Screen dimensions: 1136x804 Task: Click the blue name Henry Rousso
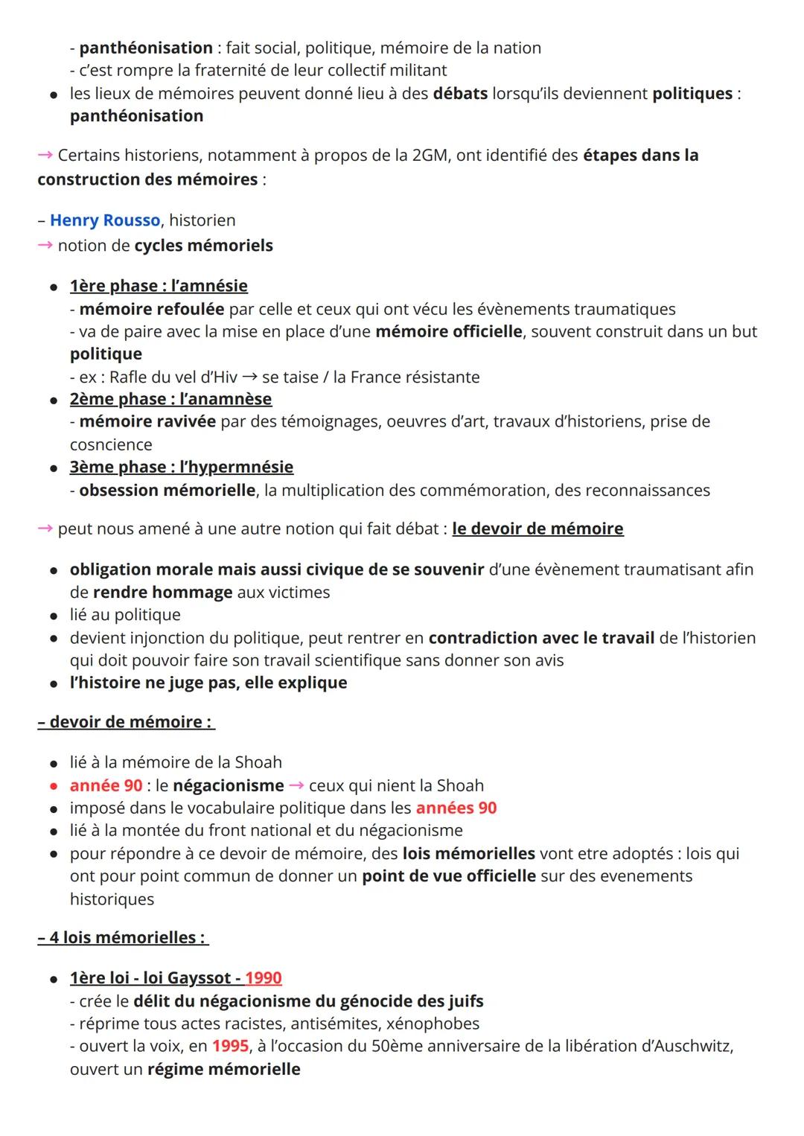click(105, 220)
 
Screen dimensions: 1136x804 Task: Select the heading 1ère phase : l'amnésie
click(159, 286)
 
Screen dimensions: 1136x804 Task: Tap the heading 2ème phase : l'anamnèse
click(170, 399)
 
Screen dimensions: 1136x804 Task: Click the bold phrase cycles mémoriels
click(203, 246)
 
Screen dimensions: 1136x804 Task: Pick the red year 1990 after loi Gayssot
click(264, 977)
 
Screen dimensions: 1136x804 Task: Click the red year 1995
click(230, 1046)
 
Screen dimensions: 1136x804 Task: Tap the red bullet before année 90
click(54, 786)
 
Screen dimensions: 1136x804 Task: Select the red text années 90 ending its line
click(456, 808)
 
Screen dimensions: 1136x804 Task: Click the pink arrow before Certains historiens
click(45, 155)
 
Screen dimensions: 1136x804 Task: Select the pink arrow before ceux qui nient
click(296, 785)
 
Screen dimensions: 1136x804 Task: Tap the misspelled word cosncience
click(111, 444)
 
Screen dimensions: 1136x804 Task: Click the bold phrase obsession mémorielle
click(167, 490)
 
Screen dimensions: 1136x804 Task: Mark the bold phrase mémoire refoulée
click(151, 309)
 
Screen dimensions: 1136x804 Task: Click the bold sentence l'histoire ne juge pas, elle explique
click(208, 683)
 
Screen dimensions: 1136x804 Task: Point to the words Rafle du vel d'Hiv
click(173, 377)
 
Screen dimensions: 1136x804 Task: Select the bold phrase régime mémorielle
click(223, 1069)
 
